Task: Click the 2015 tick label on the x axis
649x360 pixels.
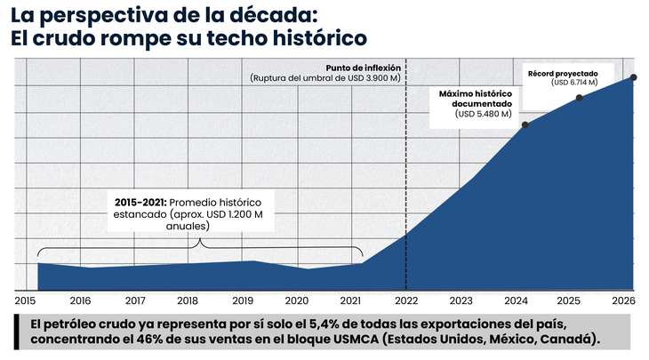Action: click(25, 300)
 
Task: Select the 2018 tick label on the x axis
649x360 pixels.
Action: click(188, 300)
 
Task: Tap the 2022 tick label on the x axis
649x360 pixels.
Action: click(406, 300)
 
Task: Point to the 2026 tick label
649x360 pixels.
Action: click(623, 300)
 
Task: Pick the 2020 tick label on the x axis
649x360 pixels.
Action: click(297, 300)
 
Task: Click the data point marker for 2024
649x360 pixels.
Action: click(525, 124)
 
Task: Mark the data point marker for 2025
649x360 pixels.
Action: click(580, 97)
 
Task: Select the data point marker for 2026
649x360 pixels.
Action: click(634, 77)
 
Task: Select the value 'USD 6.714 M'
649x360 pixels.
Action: click(574, 83)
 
